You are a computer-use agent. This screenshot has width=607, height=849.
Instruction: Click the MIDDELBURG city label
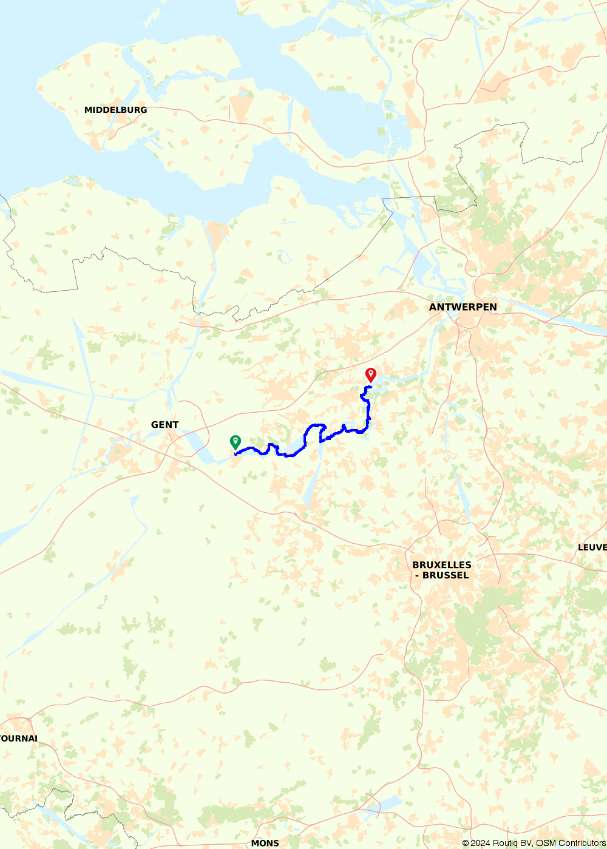point(115,110)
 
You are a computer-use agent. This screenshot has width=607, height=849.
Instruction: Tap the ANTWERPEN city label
point(463,307)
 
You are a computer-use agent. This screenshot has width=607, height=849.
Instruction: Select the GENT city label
point(164,425)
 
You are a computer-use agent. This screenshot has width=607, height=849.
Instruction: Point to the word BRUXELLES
point(442,565)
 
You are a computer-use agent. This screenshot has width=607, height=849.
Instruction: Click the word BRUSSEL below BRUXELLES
point(446,575)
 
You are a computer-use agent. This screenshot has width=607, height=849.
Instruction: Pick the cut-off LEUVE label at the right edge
point(592,547)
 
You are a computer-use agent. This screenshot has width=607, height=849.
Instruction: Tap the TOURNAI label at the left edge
point(19,739)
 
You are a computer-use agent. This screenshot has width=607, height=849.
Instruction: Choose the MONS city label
point(265,843)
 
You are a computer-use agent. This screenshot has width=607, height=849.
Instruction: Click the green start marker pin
point(236,442)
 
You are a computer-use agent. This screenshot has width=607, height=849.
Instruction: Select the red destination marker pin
point(370,374)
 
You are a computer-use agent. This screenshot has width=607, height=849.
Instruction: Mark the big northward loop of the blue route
point(316,428)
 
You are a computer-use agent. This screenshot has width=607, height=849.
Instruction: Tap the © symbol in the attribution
point(466,843)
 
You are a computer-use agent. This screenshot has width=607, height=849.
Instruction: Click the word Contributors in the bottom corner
point(581,843)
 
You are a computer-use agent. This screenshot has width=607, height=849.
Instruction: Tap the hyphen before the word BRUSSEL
point(417,575)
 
